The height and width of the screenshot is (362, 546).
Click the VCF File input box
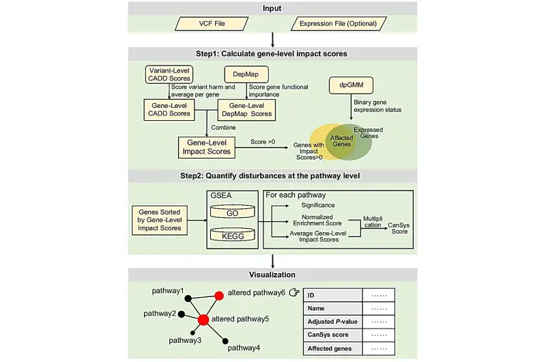tap(212, 24)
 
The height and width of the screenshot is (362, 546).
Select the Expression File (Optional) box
tap(339, 24)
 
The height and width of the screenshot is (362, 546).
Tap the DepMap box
tap(246, 74)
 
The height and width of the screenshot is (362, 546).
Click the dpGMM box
tap(351, 85)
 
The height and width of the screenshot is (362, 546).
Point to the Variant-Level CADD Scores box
tap(169, 74)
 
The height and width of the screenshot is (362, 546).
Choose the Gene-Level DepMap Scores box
tap(246, 110)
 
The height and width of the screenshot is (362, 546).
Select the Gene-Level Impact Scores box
tap(207, 148)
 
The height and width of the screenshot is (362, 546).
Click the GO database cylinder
tap(233, 212)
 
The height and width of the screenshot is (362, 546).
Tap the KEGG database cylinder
tap(233, 235)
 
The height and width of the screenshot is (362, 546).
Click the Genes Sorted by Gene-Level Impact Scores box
tap(160, 220)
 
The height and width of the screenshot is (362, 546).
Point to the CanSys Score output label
tap(399, 228)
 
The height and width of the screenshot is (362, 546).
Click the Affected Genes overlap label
tap(341, 141)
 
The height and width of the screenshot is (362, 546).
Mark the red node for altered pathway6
tap(219, 296)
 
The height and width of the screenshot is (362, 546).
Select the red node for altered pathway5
tap(203, 320)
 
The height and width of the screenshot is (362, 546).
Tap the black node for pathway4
tap(225, 341)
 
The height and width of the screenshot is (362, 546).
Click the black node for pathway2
tap(181, 314)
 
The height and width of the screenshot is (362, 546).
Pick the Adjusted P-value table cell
tap(332, 322)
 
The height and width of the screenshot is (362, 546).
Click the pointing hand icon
tap(294, 292)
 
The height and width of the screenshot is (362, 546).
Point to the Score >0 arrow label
tap(263, 142)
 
